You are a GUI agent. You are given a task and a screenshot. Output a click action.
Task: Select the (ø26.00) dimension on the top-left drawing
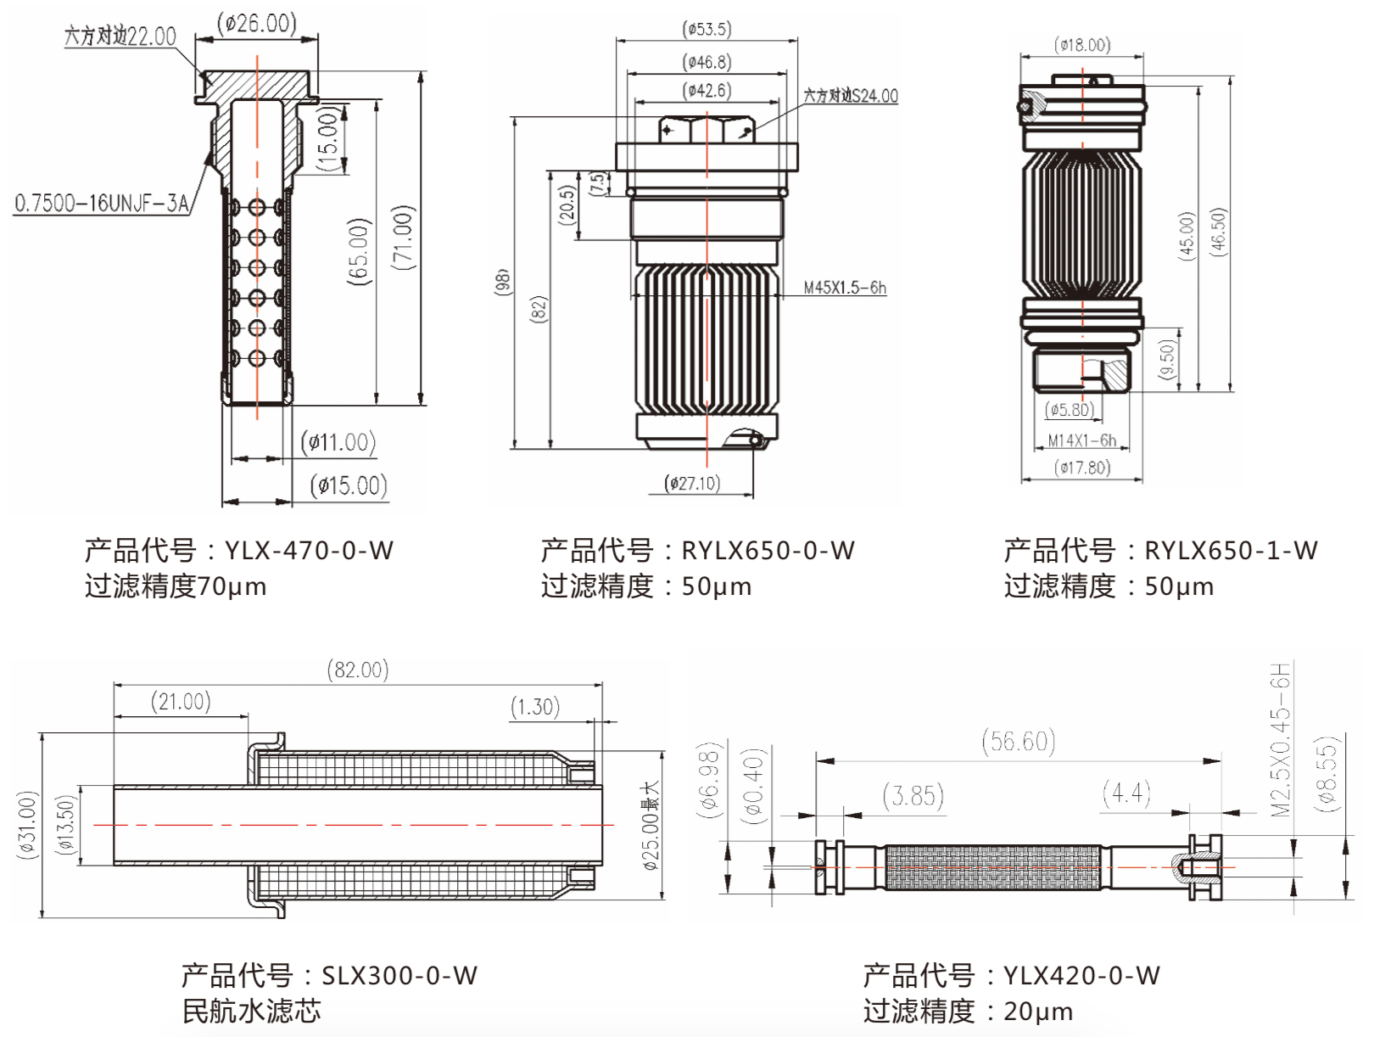[256, 23]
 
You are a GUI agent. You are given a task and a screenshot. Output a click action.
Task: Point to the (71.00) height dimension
[404, 238]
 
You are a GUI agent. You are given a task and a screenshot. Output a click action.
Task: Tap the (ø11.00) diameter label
[338, 442]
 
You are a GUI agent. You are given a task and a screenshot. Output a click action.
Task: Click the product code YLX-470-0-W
[309, 550]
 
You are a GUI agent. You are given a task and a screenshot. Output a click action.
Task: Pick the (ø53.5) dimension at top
[707, 30]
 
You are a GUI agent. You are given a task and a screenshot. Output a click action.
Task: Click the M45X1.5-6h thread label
[845, 288]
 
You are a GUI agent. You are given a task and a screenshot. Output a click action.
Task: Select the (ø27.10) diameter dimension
[693, 483]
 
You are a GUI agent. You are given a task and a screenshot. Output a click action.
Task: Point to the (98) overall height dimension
[501, 282]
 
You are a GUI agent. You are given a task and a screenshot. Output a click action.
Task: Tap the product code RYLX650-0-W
[768, 550]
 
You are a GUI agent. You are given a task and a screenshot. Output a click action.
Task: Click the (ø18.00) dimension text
[1082, 45]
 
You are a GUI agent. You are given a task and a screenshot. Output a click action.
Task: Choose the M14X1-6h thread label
[1082, 440]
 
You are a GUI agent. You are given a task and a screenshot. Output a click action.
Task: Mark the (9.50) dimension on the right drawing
[1167, 361]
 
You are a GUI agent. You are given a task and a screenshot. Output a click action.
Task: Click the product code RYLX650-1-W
[1232, 550]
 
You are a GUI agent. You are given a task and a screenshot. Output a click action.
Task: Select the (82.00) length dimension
[358, 670]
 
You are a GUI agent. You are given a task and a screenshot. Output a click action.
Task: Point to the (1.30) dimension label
[535, 706]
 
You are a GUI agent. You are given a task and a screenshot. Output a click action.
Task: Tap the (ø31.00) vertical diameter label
[27, 825]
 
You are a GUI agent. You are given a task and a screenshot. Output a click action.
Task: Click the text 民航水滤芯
[252, 1011]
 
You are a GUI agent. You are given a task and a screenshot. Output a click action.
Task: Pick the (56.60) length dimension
[1019, 742]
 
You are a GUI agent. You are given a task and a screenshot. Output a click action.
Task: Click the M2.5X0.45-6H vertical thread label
[1280, 739]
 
